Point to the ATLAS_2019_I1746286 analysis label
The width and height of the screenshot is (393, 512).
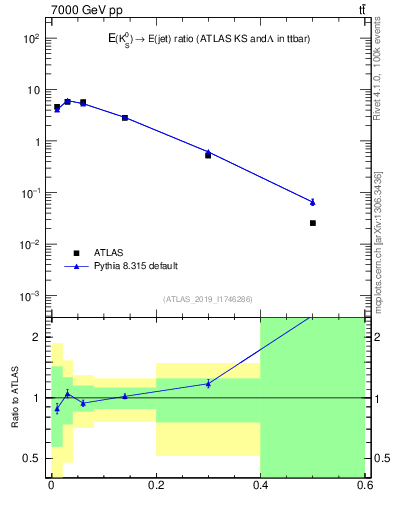(207, 299)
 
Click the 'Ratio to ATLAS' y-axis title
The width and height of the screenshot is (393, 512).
(15, 397)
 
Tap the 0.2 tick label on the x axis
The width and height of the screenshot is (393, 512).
(155, 487)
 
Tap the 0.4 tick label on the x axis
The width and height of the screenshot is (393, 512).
(260, 487)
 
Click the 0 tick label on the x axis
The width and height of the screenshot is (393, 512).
(51, 487)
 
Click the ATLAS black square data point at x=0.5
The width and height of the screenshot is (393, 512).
(313, 223)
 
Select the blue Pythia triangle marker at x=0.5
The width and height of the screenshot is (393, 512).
(313, 202)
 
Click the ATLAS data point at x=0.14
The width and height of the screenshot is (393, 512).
(125, 118)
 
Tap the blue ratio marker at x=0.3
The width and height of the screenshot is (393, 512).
(208, 383)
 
